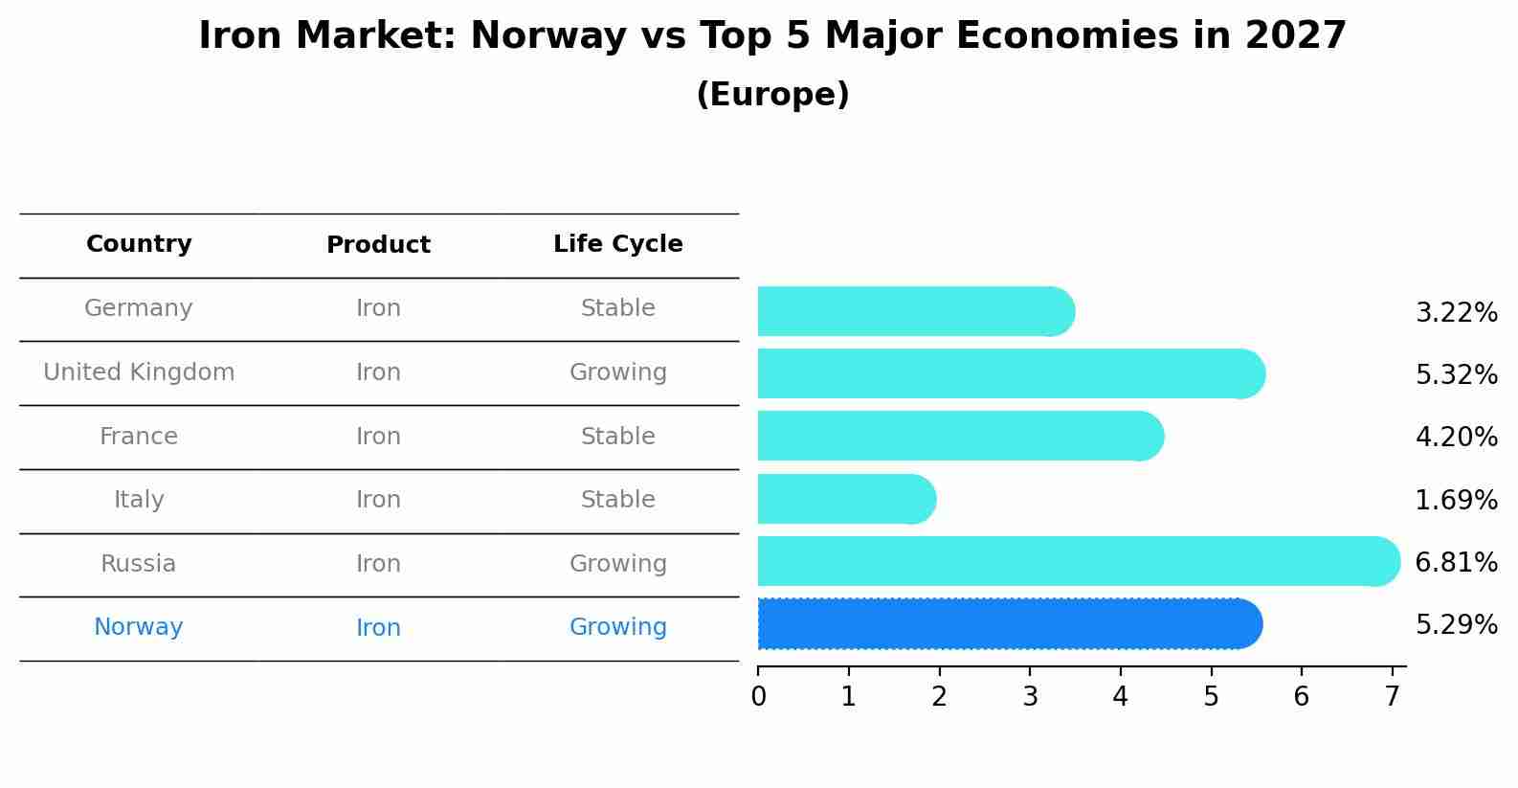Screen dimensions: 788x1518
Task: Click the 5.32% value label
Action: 1456,374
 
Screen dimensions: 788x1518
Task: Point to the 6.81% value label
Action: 1456,562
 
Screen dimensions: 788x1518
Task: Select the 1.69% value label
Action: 1456,500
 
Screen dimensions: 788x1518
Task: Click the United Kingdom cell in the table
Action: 139,372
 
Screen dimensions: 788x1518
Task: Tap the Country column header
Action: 139,244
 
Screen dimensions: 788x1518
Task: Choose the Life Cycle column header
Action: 617,244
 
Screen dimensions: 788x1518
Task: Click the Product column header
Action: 378,245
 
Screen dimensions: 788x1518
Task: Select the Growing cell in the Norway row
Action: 617,627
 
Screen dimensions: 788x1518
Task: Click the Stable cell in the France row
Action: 617,437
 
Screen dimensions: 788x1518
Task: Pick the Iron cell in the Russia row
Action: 378,564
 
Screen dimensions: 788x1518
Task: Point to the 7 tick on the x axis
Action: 1392,696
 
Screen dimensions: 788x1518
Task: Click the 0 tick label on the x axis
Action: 758,696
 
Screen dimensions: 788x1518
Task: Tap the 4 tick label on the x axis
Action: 1120,696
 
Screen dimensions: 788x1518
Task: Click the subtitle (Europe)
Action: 772,95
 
